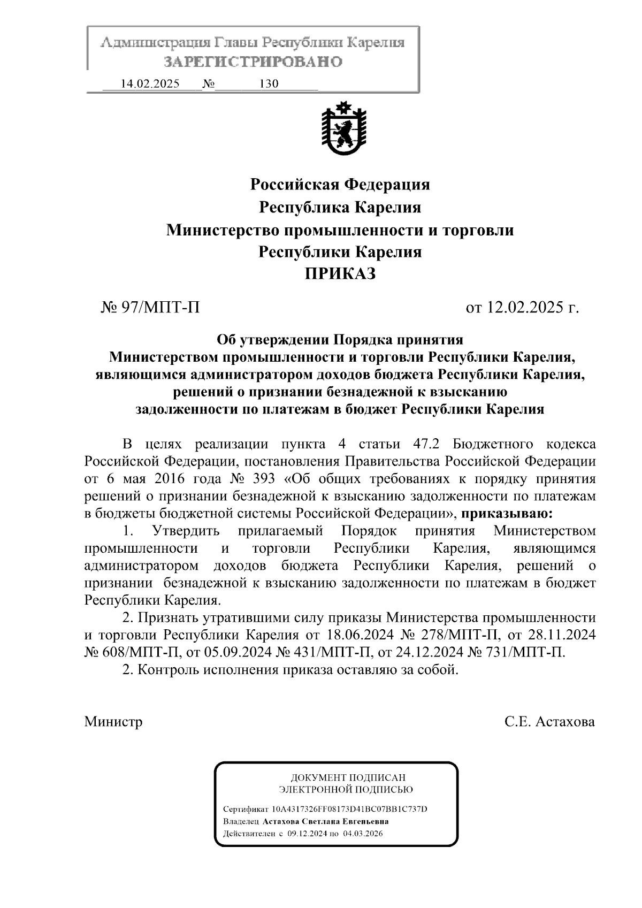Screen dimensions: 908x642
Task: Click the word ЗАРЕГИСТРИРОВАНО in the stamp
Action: coord(253,62)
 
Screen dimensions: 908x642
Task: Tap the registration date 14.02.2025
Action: coord(150,84)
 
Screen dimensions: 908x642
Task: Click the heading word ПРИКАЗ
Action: coord(340,274)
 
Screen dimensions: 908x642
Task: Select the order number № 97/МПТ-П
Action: coord(150,308)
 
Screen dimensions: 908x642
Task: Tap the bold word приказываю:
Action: coord(507,514)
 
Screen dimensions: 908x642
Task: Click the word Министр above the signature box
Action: coord(113,722)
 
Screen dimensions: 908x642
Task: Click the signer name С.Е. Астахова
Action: coord(549,722)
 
